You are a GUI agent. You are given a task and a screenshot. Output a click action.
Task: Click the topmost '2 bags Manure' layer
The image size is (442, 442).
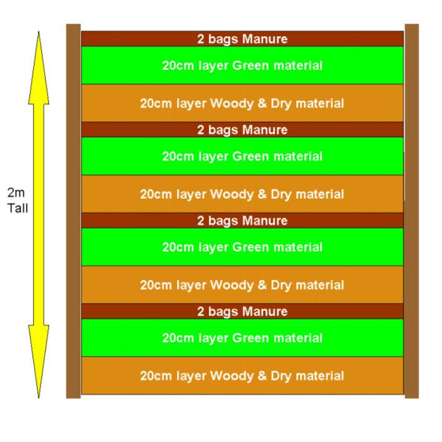[x=243, y=39]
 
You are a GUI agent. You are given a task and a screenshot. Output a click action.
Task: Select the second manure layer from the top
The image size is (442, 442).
[x=243, y=130]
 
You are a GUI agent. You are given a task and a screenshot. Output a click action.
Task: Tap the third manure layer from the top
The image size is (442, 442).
[x=243, y=221]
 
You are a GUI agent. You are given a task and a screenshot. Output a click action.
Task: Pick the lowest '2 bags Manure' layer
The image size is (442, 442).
[x=243, y=311]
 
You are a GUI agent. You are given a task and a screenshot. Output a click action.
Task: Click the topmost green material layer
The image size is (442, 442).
[x=243, y=65]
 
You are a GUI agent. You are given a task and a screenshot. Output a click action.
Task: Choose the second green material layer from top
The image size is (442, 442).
[x=243, y=156]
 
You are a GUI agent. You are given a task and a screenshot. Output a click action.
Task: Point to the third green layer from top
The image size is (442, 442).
[x=243, y=247]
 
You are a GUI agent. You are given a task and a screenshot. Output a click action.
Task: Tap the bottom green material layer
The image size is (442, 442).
[x=243, y=338]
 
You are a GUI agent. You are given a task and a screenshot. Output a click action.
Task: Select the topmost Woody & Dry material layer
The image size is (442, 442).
[x=243, y=103]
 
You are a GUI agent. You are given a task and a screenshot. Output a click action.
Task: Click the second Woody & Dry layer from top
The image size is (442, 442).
[x=243, y=194]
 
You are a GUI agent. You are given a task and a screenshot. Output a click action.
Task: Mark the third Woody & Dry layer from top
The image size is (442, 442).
[x=243, y=285]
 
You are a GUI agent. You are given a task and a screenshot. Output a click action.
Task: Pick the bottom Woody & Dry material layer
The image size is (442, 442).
[x=243, y=375]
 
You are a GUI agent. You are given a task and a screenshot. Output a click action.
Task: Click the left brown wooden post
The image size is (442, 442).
[x=74, y=211]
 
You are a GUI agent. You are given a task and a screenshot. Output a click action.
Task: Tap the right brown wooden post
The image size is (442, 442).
[x=411, y=211]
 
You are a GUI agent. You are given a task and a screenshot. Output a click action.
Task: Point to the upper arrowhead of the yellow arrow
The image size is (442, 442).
[x=39, y=68]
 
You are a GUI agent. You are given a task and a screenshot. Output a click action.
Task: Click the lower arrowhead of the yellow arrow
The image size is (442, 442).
[x=39, y=362]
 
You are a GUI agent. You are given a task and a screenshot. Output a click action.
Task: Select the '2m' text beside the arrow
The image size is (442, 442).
[x=16, y=193]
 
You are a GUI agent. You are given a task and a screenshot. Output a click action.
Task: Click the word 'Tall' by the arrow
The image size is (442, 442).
[x=17, y=208]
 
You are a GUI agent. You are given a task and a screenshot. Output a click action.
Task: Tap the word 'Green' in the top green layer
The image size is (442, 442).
[x=251, y=65]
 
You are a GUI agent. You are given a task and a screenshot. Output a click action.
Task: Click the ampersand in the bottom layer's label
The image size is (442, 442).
[x=262, y=375]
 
